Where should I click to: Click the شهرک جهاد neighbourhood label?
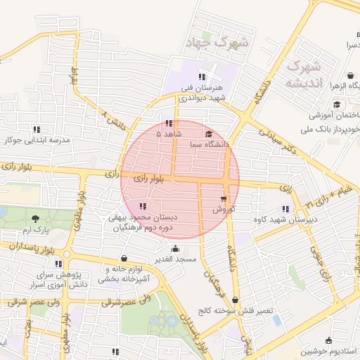point(217,43)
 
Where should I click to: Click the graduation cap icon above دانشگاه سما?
point(209,134)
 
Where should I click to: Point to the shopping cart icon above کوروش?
point(224,199)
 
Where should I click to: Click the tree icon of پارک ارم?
point(36,219)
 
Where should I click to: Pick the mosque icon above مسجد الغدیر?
point(175,248)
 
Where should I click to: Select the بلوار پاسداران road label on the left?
point(31,247)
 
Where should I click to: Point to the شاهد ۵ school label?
point(169,133)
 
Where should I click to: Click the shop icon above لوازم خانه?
point(124,258)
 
